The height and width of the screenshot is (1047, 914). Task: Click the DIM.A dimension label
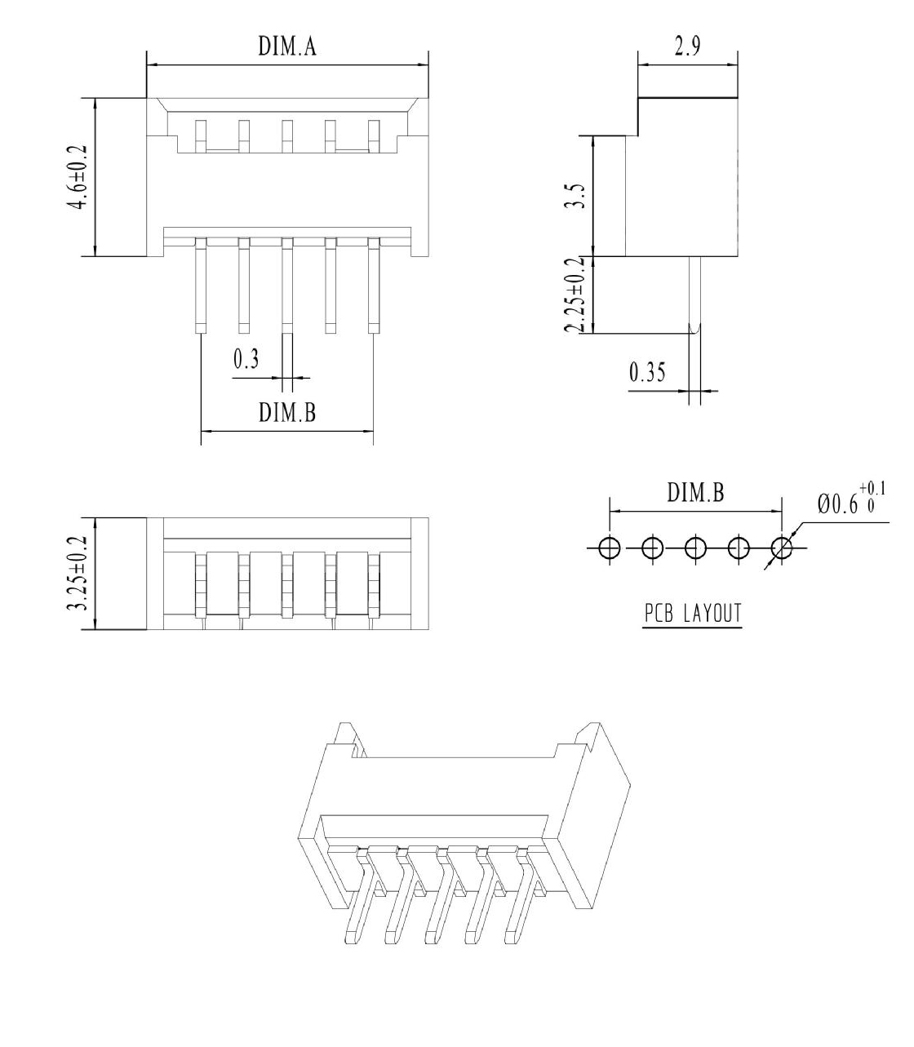(287, 46)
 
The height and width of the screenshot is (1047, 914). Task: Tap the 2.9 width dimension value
(687, 46)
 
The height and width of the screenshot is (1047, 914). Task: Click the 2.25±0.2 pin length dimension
(575, 295)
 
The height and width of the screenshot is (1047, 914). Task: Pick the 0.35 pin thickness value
(647, 372)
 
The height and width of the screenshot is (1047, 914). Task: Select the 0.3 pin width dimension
(246, 359)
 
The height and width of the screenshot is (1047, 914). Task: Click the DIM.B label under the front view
(287, 412)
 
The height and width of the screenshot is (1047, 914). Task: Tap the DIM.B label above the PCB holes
(695, 492)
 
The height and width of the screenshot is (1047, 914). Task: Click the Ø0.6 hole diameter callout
(851, 499)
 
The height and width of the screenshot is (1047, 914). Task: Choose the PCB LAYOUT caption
(692, 613)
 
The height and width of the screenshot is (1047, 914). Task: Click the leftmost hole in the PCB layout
(610, 548)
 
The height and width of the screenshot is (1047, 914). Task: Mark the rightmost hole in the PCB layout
(781, 548)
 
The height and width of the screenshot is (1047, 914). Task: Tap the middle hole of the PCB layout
(695, 548)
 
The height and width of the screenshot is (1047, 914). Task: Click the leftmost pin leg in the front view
(201, 285)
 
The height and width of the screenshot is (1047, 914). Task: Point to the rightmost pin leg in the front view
(374, 285)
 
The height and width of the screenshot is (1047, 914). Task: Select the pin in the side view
(694, 295)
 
